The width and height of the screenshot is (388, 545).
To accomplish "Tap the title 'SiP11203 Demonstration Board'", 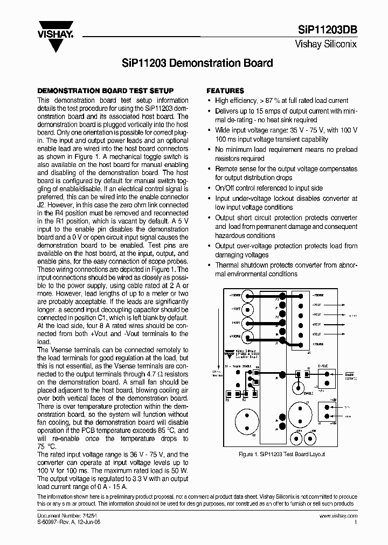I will click(194, 63).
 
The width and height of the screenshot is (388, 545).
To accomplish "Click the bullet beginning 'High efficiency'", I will click(281, 101).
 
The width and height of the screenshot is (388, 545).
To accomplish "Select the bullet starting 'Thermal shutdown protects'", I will click(286, 269).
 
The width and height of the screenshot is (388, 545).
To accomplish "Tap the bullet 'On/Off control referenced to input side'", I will click(268, 188).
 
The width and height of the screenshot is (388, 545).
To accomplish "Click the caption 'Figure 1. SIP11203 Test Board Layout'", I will click(282, 454).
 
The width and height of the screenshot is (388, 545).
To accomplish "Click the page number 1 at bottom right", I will click(355, 522).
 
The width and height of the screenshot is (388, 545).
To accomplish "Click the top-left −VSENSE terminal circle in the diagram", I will click(248, 296).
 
